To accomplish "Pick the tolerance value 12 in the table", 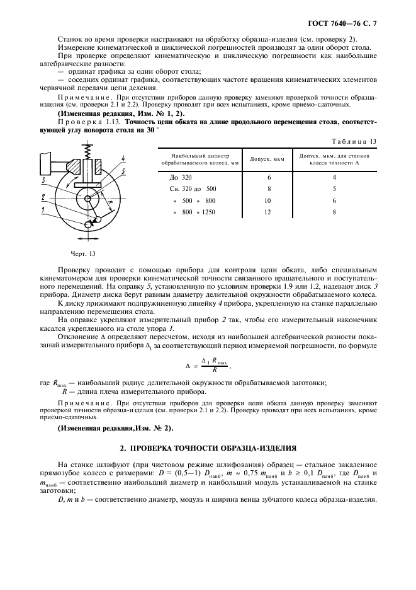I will [x=269, y=212].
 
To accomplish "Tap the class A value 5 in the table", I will [x=334, y=188].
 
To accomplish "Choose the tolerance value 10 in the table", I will [x=269, y=200].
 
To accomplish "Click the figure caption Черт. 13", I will [x=82, y=253].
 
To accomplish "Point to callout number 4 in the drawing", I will [x=124, y=158].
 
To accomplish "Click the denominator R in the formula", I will [x=214, y=371].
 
